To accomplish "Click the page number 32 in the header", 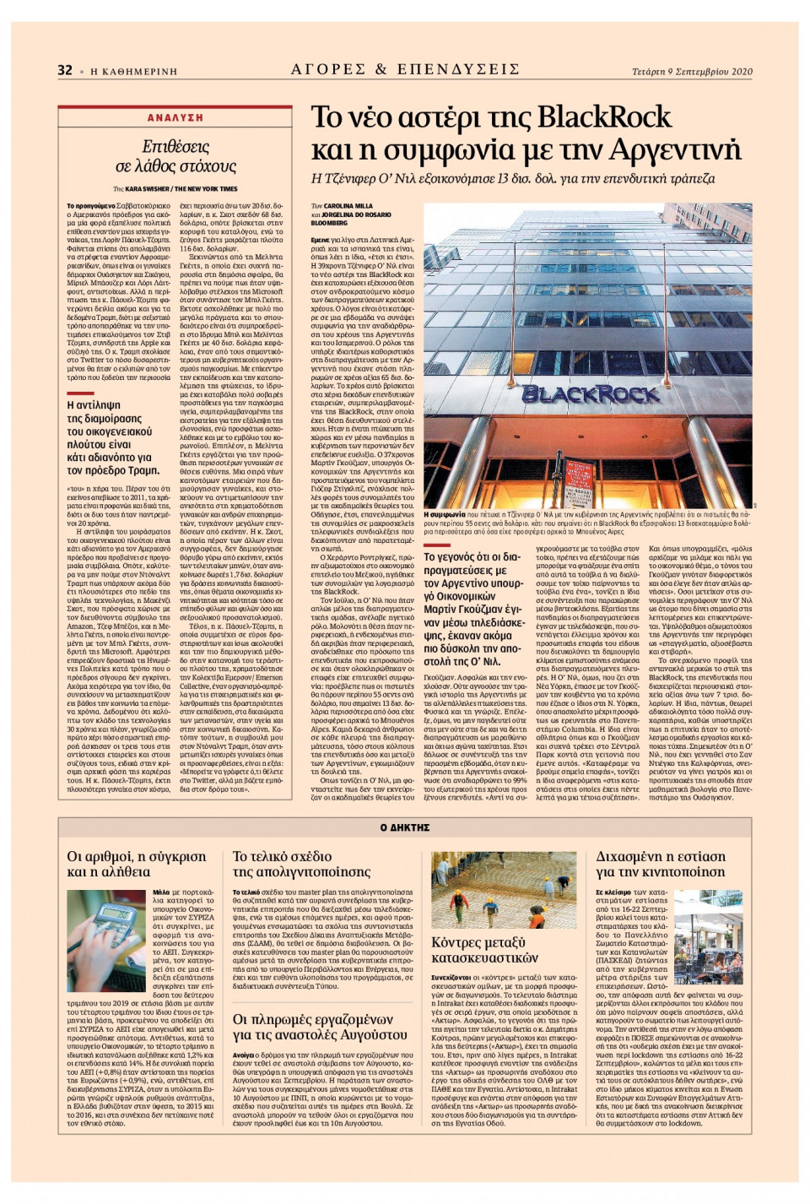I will [x=65, y=70].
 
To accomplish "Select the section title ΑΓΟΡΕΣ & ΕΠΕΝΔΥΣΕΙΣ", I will [x=405, y=69].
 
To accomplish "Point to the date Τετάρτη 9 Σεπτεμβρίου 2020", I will [x=692, y=72].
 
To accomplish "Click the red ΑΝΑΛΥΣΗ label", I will [x=175, y=118].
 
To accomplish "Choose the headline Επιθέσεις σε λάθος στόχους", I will [x=175, y=156].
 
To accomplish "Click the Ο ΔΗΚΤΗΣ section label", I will [x=405, y=827].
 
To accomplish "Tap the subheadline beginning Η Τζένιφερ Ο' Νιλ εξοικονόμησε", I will [x=513, y=179].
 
